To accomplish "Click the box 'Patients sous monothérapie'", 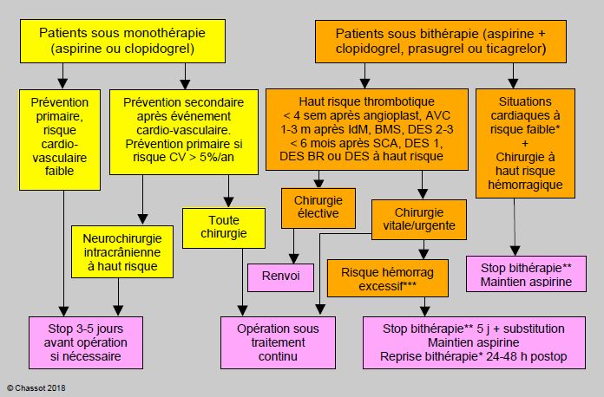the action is click(122, 41).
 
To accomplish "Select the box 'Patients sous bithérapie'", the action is click(441, 42).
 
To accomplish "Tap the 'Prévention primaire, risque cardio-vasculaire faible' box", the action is click(60, 140).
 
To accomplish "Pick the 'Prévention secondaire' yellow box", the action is click(184, 133).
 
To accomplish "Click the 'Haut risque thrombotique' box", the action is click(367, 130).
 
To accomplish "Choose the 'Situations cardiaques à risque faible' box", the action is click(525, 144).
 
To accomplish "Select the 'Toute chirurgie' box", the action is click(223, 228).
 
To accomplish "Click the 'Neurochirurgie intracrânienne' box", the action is click(122, 252).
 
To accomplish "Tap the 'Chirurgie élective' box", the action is click(318, 208).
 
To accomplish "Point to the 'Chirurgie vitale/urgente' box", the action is click(418, 219).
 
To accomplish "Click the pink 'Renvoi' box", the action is click(280, 277).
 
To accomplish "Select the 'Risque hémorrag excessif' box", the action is click(388, 278).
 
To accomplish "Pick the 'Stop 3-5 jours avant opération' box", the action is click(86, 342).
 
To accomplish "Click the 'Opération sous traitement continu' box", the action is click(278, 342).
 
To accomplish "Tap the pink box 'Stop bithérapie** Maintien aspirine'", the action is click(526, 274).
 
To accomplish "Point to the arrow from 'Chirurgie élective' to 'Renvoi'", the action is click(293, 246).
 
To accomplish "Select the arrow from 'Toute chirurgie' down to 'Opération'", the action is click(242, 283).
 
